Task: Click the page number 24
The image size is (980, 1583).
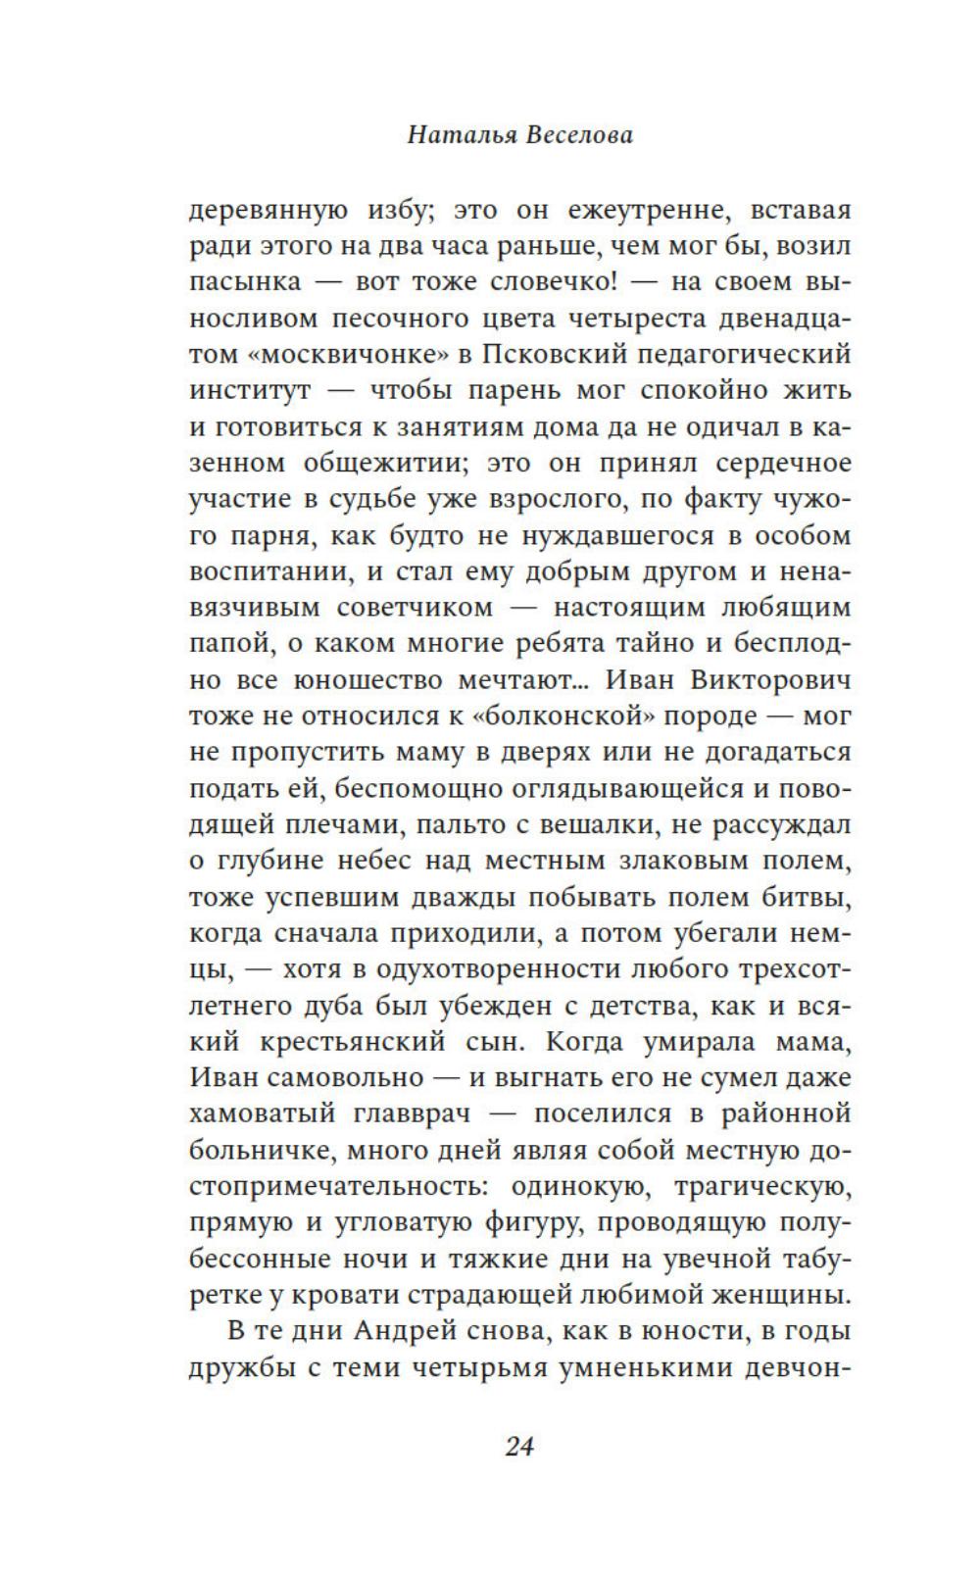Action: click(x=518, y=1446)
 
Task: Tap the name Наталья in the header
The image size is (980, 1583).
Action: click(x=462, y=134)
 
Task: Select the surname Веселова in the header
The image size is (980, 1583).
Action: click(x=579, y=134)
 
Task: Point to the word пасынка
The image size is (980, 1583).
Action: click(x=244, y=281)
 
